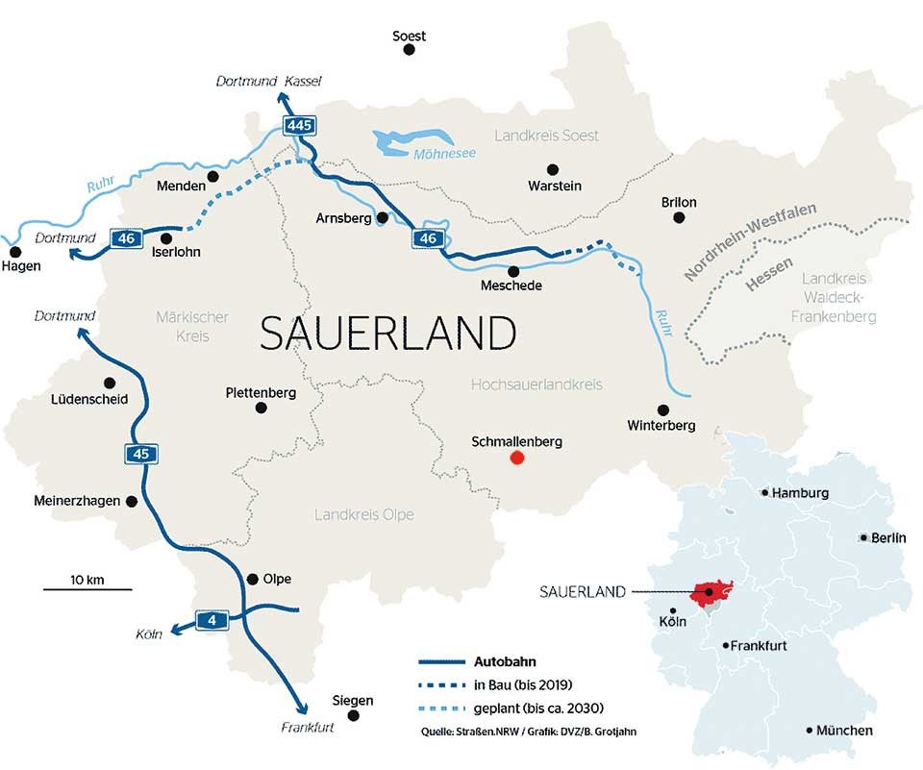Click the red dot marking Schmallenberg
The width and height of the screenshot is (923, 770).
pyautogui.click(x=516, y=459)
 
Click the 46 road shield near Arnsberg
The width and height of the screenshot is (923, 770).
pyautogui.click(x=429, y=238)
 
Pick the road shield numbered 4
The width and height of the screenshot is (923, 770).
pyautogui.click(x=211, y=620)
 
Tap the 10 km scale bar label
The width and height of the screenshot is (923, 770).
pyautogui.click(x=87, y=579)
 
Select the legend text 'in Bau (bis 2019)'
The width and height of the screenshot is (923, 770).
pyautogui.click(x=523, y=684)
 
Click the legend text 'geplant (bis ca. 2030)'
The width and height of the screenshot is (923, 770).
pyautogui.click(x=538, y=708)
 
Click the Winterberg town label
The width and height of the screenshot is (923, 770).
pyautogui.click(x=661, y=425)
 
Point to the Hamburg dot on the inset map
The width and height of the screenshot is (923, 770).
pyautogui.click(x=764, y=493)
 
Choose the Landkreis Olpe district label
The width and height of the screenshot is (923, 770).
pyautogui.click(x=364, y=515)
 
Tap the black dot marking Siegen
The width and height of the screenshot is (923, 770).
pyautogui.click(x=353, y=716)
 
